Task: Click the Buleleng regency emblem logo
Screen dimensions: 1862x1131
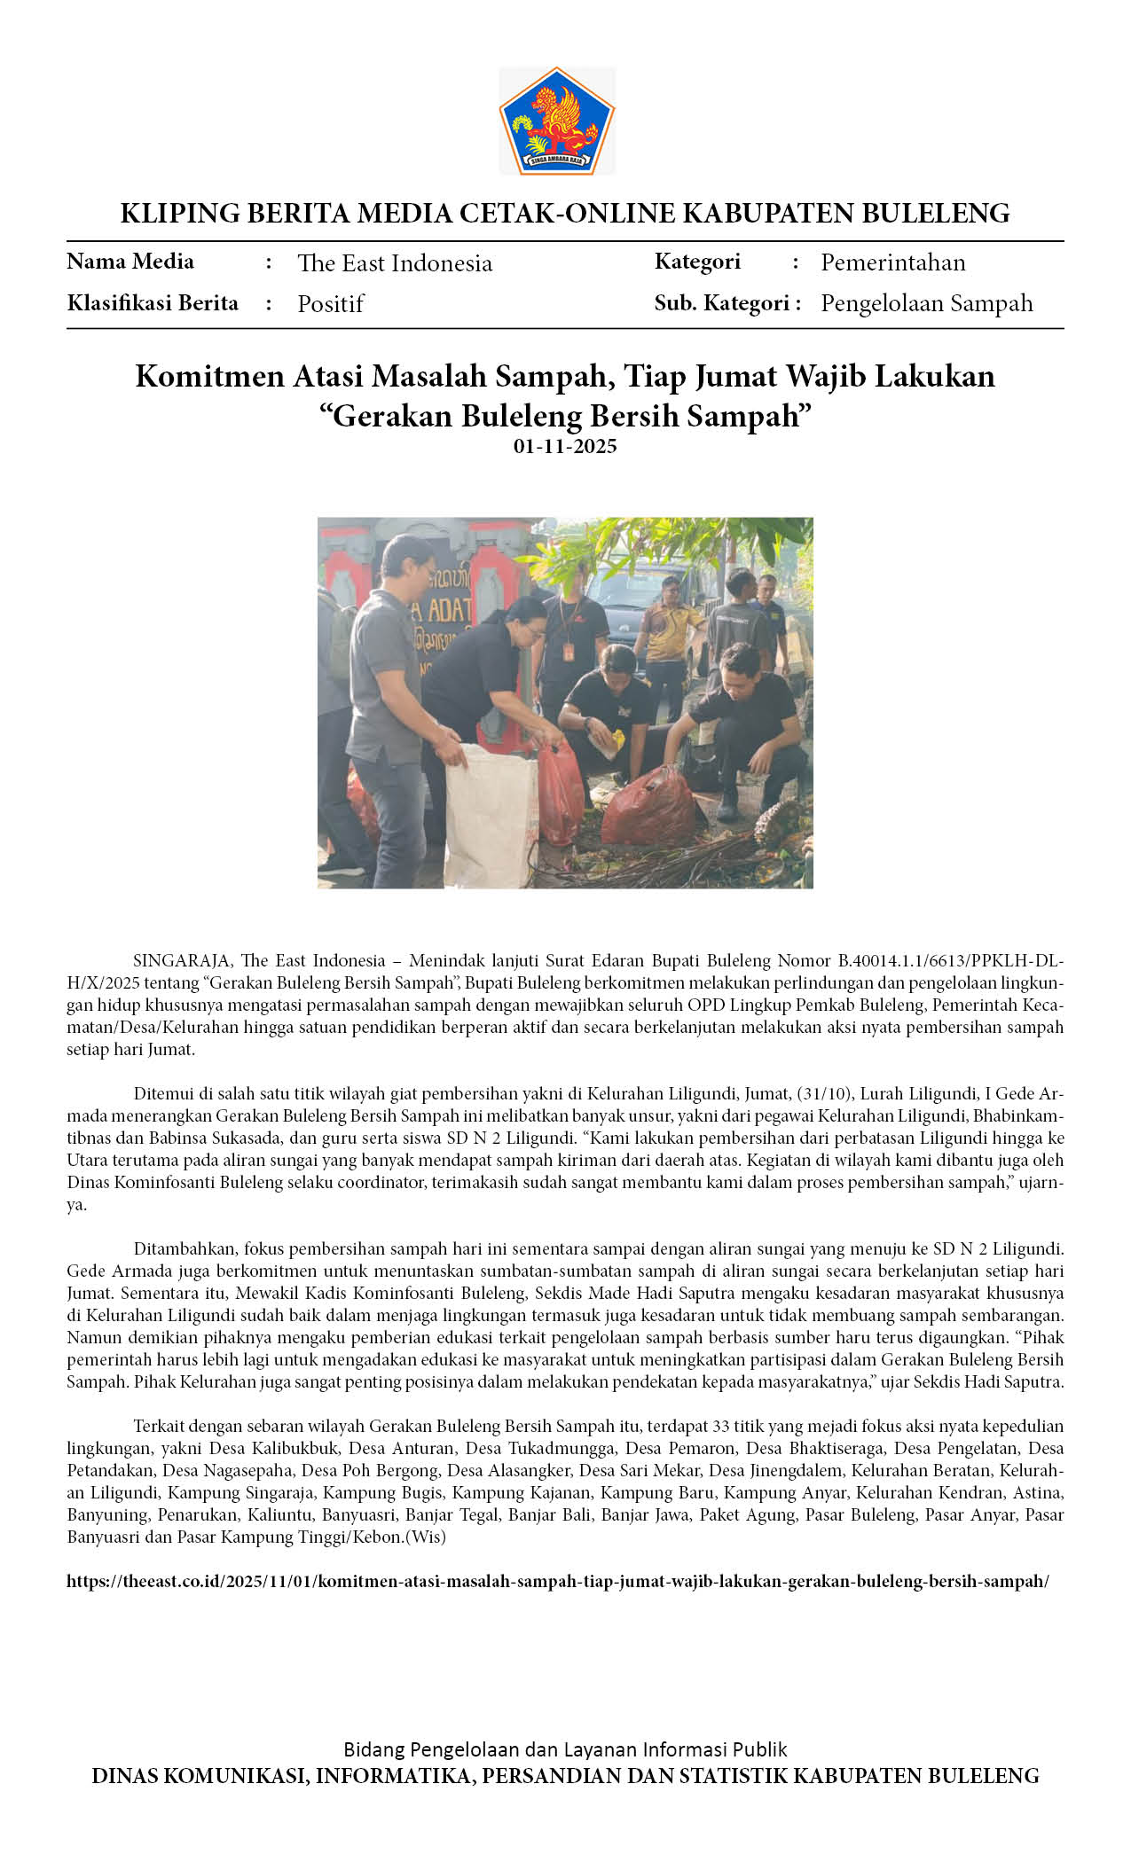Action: [556, 121]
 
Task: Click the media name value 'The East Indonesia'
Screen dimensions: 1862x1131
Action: [395, 263]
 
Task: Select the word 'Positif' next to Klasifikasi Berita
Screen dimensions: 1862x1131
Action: [330, 304]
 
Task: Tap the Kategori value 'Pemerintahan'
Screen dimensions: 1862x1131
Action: [892, 262]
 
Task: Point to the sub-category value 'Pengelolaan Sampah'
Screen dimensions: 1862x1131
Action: [926, 303]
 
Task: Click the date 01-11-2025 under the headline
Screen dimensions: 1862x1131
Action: [565, 447]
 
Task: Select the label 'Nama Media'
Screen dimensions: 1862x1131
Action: [130, 262]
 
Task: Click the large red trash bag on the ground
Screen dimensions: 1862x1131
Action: [654, 807]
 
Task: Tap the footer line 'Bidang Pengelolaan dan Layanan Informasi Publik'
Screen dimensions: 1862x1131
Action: [565, 1749]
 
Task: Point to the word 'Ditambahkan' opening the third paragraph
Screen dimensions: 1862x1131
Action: [185, 1248]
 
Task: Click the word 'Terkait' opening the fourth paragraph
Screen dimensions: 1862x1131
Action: [160, 1426]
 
